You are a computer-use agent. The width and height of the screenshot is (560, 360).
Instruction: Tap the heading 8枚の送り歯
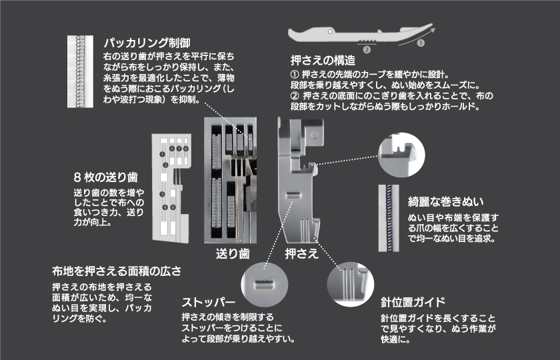tap(105, 178)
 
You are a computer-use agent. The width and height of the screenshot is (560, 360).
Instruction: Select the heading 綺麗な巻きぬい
tap(445, 200)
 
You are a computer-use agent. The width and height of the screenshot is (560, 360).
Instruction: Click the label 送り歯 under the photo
tap(231, 253)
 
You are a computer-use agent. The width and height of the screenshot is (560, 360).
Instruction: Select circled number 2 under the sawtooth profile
tap(366, 49)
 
